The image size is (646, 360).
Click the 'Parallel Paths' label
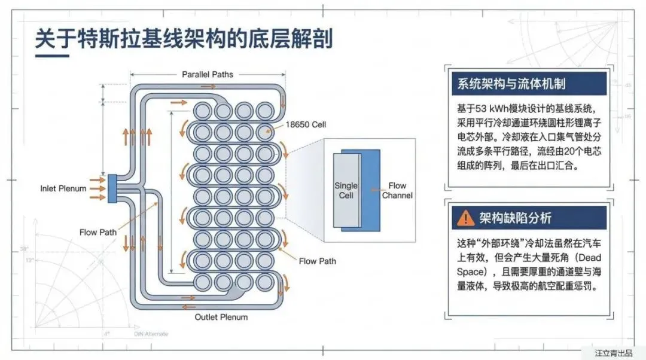click(208, 75)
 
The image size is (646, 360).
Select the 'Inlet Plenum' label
click(63, 188)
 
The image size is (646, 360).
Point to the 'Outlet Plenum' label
click(221, 317)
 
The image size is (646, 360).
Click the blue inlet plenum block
click(112, 188)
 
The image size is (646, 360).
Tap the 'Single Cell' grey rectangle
click(346, 190)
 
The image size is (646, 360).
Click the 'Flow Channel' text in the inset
click(397, 190)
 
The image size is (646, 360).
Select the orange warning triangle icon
click(465, 218)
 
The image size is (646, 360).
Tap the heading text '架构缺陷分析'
click(516, 218)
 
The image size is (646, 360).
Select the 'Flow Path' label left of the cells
click(98, 232)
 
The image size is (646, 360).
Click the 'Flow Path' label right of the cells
click(317, 261)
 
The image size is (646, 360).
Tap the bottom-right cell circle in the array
click(265, 281)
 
